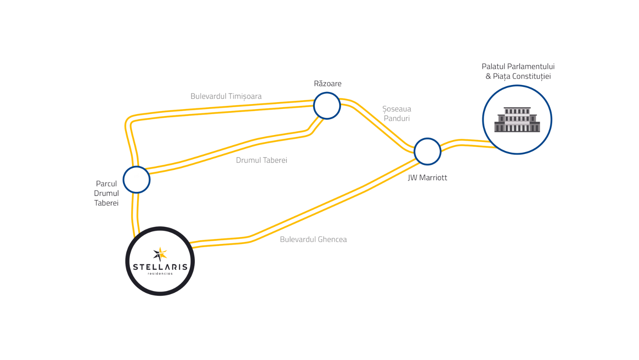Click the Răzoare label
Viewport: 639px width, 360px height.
point(327,84)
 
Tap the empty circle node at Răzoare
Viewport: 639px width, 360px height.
point(327,106)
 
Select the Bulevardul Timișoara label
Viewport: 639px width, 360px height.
point(226,96)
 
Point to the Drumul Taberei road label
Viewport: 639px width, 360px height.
point(261,160)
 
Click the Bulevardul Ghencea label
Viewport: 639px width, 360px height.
point(313,239)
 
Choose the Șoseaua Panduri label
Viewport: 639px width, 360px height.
point(397,113)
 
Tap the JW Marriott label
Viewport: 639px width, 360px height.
point(427,178)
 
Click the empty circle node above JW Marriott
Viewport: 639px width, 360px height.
point(427,151)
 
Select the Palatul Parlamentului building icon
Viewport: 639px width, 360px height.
point(517,119)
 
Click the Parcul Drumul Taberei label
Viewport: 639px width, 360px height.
point(106,193)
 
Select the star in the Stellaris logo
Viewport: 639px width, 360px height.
point(160,254)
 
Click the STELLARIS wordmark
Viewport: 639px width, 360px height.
point(160,267)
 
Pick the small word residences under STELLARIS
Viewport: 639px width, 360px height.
point(160,274)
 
